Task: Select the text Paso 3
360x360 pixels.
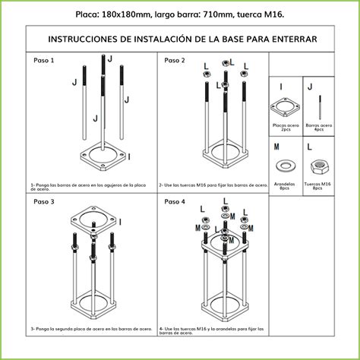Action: (43, 202)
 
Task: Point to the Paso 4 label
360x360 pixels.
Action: (174, 202)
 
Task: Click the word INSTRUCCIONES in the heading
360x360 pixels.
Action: (84, 39)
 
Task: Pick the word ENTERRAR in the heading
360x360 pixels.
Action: (289, 39)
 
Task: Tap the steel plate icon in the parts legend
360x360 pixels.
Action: (286, 107)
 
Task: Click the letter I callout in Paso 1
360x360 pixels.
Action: (129, 156)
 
